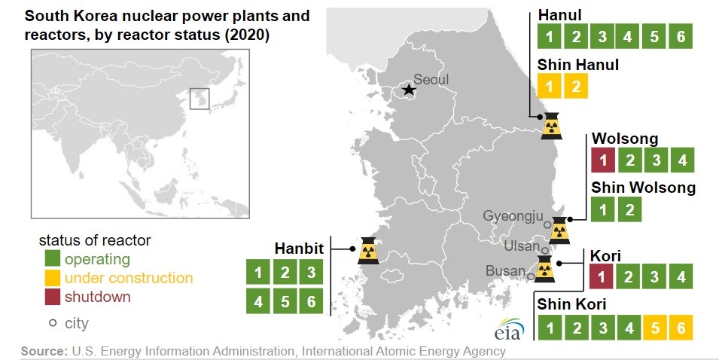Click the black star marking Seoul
(409, 89)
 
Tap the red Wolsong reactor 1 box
(603, 160)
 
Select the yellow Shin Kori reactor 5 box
(655, 328)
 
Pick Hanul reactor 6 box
(681, 36)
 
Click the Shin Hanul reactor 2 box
(576, 86)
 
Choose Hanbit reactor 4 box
(258, 301)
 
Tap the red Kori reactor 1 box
(602, 276)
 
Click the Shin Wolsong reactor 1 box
(603, 209)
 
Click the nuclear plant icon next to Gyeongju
(559, 230)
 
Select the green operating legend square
(52, 258)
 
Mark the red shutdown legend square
(52, 297)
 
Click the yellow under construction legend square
(52, 277)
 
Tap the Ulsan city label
(522, 246)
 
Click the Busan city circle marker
(530, 276)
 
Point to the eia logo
(509, 329)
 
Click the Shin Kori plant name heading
(571, 304)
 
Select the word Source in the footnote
(44, 352)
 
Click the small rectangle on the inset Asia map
(200, 99)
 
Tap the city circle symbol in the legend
(53, 323)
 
